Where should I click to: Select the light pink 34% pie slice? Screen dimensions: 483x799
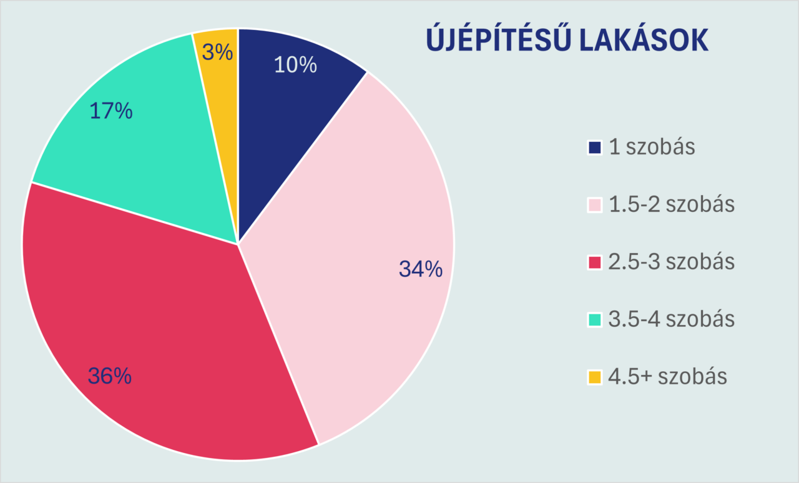(350, 250)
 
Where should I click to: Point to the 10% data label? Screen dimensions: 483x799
(295, 65)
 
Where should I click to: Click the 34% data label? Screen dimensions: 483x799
(421, 269)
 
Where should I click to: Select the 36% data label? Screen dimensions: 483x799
(110, 376)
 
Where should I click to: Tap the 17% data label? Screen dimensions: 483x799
(111, 111)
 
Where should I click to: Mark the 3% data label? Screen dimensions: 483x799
(218, 52)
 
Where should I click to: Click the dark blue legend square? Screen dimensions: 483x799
(595, 147)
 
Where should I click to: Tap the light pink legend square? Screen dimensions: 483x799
(595, 205)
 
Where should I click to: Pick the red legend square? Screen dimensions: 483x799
(595, 262)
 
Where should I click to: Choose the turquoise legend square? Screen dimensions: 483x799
(595, 320)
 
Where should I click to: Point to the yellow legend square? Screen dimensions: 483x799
(595, 377)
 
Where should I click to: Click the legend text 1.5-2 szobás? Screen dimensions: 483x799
(672, 205)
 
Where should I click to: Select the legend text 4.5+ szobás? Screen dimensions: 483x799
(667, 377)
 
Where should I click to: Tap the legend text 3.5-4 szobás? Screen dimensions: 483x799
(672, 320)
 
